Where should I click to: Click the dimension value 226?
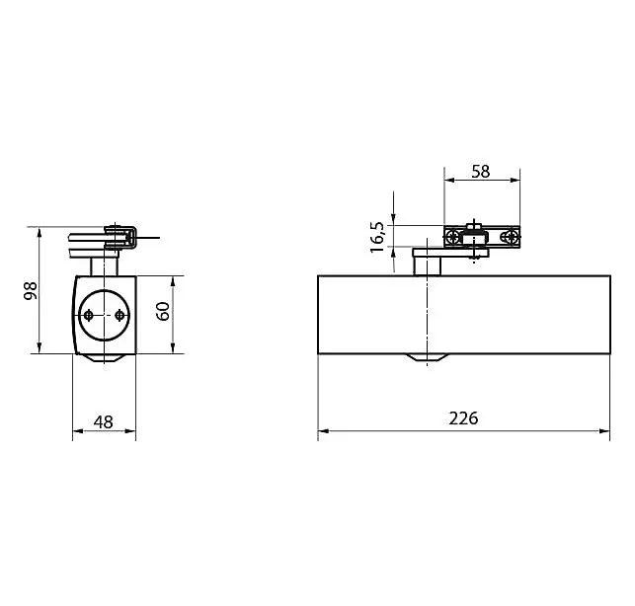(x=463, y=417)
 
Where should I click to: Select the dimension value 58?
(x=481, y=172)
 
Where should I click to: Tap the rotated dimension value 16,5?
(x=377, y=237)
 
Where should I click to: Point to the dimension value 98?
(x=31, y=290)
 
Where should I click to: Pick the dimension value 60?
(x=163, y=311)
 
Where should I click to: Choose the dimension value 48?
(x=104, y=422)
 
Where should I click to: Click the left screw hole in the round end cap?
(x=89, y=315)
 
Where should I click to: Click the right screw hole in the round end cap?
(x=119, y=315)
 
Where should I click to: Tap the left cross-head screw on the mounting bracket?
(x=453, y=237)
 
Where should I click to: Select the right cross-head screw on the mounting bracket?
(x=512, y=237)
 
